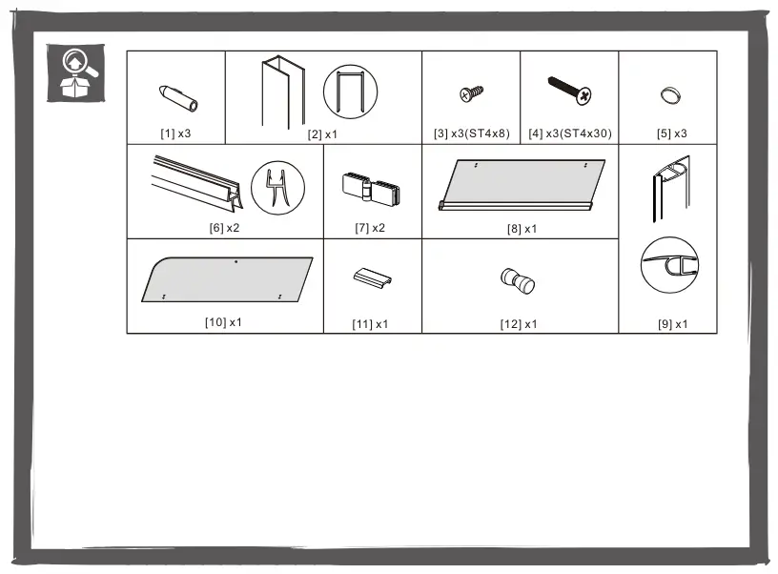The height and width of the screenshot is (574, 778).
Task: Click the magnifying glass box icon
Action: pos(75,72)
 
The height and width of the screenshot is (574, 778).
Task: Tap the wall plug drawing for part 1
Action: pos(178,98)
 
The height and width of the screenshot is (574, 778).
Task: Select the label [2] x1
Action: pos(322,134)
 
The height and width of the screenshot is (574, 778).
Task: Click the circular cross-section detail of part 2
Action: pos(350,92)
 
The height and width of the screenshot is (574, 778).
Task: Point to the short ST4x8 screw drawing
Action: pos(471,93)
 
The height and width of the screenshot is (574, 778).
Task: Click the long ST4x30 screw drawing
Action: pos(569,91)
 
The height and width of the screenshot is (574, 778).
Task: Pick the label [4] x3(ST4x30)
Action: pos(569,133)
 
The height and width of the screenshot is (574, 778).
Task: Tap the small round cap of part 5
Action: pos(670,95)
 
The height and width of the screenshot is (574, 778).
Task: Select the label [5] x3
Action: pos(672,133)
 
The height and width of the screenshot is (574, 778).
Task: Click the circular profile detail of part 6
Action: pos(277,188)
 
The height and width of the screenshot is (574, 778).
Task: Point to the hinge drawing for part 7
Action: pos(371,187)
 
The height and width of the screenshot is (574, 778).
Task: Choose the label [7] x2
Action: pos(370,228)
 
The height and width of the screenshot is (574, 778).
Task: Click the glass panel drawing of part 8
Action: pos(522,185)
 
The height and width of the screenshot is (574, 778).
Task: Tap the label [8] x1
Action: pos(522,229)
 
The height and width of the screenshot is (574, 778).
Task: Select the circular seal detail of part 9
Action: pos(669,264)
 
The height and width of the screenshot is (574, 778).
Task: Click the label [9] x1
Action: pos(673,324)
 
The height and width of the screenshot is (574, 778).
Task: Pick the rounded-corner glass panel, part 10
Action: pos(227,279)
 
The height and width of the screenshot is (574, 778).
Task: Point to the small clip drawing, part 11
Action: pos(373,277)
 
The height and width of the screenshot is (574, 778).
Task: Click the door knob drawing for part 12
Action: pos(518,280)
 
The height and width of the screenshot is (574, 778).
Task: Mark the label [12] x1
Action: pos(519,324)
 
